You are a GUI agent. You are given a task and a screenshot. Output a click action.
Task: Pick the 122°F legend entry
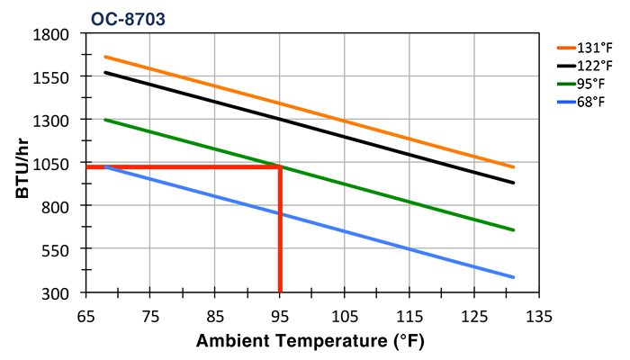pos(595,66)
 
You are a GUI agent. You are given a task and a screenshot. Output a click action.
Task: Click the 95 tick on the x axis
pos(280,316)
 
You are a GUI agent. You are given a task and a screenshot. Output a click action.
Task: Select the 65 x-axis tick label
pos(85,316)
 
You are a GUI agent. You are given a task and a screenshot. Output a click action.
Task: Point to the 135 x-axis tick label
pos(539,316)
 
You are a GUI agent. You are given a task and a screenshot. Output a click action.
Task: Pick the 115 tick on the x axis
pos(409,316)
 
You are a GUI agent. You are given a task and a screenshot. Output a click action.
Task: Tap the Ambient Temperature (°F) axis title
pos(310,342)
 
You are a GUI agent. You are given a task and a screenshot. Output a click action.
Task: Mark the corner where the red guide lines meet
pos(280,166)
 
